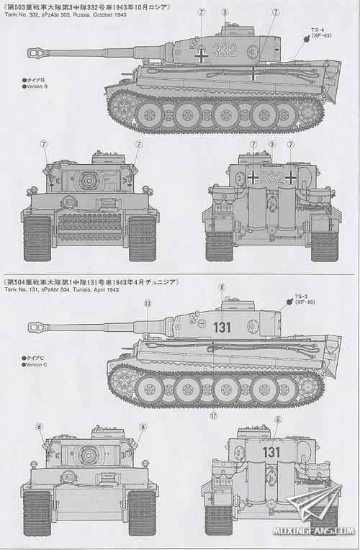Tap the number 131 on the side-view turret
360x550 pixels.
(x=222, y=326)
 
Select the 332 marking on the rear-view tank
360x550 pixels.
(x=271, y=177)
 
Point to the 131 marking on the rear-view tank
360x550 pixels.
(x=271, y=452)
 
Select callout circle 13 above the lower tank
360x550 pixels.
(x=147, y=304)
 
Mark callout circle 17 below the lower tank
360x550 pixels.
(x=214, y=416)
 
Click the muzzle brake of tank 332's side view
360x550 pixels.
(x=36, y=51)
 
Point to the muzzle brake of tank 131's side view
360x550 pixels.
(x=36, y=327)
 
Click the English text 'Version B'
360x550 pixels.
(x=35, y=86)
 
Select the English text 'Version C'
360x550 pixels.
(x=35, y=364)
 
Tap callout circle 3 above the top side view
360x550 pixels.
(x=225, y=12)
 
